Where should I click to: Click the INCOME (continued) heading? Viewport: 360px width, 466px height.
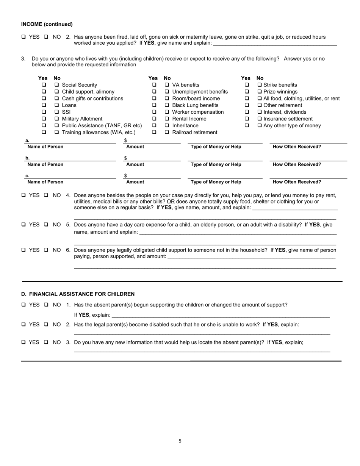pos(47,24)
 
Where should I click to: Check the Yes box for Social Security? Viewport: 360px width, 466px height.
pos(44,85)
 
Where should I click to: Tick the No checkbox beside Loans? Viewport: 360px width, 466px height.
pos(56,105)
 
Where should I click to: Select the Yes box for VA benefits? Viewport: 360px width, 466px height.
pos(154,85)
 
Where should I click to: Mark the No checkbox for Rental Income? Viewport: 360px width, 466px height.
pos(167,119)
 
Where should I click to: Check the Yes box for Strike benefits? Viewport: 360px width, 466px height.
pos(247,85)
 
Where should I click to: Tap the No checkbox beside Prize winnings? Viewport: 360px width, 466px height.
pos(260,92)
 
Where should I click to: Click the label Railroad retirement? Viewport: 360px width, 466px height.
pos(195,132)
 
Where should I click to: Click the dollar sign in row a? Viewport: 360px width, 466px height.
pos(125,141)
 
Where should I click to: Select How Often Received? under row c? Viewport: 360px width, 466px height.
pos(297,182)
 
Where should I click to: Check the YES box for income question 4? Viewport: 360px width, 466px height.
pos(24,195)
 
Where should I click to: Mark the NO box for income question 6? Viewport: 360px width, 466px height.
pos(46,250)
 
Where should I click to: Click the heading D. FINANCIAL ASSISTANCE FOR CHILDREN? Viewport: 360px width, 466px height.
pos(78,294)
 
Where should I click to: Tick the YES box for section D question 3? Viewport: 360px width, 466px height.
pos(24,342)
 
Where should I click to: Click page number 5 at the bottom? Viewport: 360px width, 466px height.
pos(180,441)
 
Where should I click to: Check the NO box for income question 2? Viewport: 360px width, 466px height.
pos(46,37)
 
